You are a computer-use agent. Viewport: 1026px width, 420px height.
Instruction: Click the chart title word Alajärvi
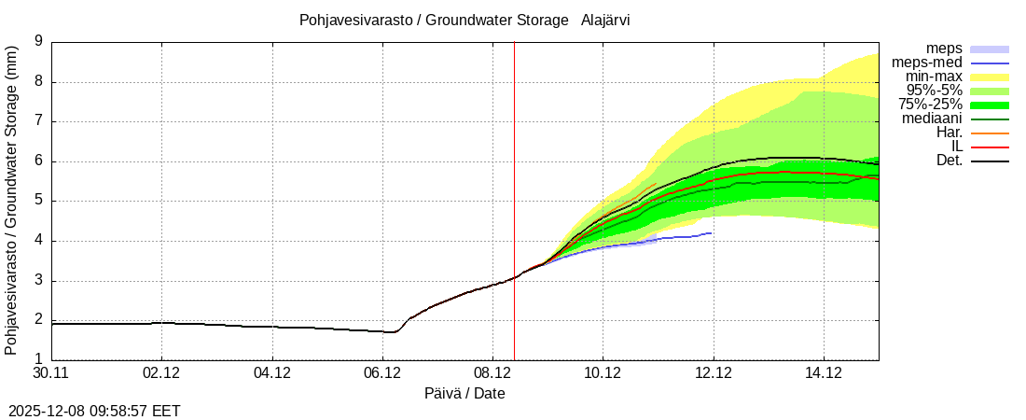tap(604, 21)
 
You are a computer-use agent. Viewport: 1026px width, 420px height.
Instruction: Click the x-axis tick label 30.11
tap(51, 373)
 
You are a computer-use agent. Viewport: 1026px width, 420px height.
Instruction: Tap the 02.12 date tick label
tap(161, 373)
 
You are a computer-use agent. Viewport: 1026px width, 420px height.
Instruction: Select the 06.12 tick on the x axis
tap(382, 373)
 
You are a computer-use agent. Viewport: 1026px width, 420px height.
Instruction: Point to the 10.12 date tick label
tap(603, 373)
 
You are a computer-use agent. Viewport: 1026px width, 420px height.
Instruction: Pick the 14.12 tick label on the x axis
tap(824, 373)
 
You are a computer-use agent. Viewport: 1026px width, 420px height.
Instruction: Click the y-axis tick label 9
tap(38, 41)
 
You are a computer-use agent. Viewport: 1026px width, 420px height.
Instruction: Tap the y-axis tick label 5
tap(38, 201)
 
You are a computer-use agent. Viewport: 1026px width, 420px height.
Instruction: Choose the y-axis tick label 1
tap(38, 359)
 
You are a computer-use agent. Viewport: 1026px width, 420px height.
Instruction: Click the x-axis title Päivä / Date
tap(464, 394)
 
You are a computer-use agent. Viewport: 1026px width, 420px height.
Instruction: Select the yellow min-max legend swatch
tap(990, 77)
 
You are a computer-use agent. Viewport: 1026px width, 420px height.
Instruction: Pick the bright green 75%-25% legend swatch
tap(990, 105)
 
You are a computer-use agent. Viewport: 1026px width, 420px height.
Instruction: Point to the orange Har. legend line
tap(990, 133)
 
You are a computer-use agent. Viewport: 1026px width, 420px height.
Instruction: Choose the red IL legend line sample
tap(990, 147)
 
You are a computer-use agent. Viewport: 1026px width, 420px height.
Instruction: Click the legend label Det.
tap(949, 161)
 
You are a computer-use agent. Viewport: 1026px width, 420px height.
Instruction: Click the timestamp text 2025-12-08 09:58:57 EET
tap(94, 411)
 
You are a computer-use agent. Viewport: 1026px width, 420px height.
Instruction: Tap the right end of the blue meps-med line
tap(712, 232)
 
